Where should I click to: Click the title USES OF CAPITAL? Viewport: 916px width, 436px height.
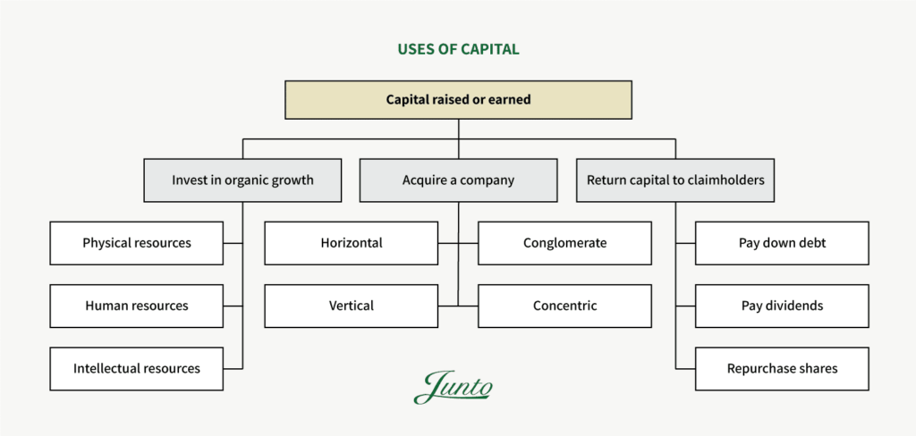tap(458, 49)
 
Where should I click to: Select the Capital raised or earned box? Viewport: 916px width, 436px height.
tap(458, 99)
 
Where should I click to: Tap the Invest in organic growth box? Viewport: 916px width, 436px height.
tap(242, 180)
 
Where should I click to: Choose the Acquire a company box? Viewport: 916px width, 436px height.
tap(458, 180)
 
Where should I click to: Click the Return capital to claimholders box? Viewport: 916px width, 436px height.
tap(675, 180)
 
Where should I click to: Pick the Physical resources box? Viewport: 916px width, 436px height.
tap(137, 243)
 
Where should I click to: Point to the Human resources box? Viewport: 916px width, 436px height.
tap(137, 306)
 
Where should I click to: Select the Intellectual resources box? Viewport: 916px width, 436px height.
tap(137, 368)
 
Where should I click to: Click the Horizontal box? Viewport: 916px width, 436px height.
tap(352, 243)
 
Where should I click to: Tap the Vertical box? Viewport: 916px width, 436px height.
tap(352, 306)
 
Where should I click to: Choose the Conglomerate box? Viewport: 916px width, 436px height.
tap(564, 243)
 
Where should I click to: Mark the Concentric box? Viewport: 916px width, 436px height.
tap(564, 306)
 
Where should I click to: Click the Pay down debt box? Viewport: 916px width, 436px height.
tap(782, 243)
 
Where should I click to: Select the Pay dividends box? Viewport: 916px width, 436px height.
tap(782, 306)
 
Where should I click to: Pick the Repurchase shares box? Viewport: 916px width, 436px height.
tap(782, 368)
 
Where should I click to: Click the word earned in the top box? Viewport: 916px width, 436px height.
tap(510, 99)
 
